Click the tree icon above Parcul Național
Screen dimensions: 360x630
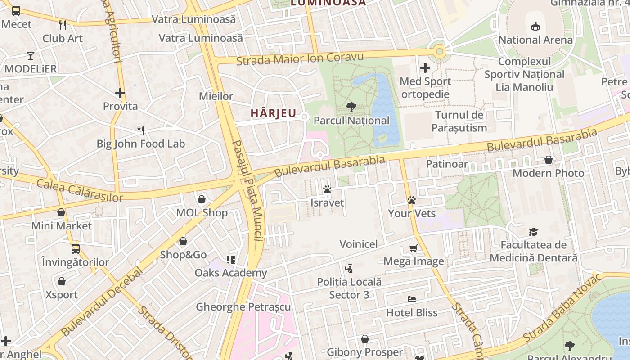pyautogui.click(x=351, y=107)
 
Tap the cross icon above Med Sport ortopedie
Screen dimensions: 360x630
pyautogui.click(x=425, y=68)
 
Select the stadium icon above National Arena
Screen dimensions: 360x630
pyautogui.click(x=535, y=26)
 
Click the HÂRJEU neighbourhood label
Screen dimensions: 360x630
pyautogui.click(x=273, y=113)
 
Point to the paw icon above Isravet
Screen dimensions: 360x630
pyautogui.click(x=327, y=190)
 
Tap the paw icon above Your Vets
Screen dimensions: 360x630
pyautogui.click(x=411, y=200)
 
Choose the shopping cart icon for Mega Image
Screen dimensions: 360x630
pyautogui.click(x=413, y=248)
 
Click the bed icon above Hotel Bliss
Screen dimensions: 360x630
pyautogui.click(x=411, y=299)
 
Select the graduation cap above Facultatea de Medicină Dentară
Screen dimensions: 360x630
pyautogui.click(x=533, y=232)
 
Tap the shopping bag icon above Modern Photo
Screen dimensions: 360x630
pyautogui.click(x=548, y=160)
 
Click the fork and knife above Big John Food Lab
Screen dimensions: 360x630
pyautogui.click(x=141, y=130)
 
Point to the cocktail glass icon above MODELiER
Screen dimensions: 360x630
pyautogui.click(x=30, y=56)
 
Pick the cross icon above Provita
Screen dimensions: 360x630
pyautogui.click(x=120, y=93)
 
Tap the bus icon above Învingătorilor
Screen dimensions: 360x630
pyautogui.click(x=75, y=248)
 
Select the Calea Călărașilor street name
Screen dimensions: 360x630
pyautogui.click(x=80, y=190)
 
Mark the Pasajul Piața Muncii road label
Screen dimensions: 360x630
pyautogui.click(x=247, y=190)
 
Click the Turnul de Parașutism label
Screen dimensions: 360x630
pyautogui.click(x=459, y=121)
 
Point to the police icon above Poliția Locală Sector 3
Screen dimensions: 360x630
pyautogui.click(x=349, y=269)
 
